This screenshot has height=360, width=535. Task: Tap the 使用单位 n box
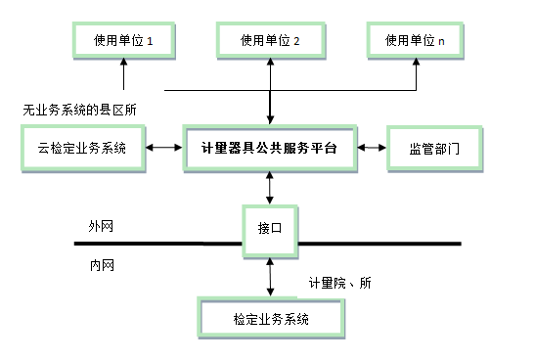[416, 41]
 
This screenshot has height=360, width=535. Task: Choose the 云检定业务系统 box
[83, 149]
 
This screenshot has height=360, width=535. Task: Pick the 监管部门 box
[434, 149]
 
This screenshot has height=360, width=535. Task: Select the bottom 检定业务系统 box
[272, 319]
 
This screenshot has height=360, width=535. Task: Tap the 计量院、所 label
[339, 283]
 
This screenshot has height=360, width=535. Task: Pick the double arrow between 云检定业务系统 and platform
[163, 149]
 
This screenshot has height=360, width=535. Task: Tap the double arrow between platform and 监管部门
[372, 149]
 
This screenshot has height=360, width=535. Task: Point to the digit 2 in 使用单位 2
[295, 41]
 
